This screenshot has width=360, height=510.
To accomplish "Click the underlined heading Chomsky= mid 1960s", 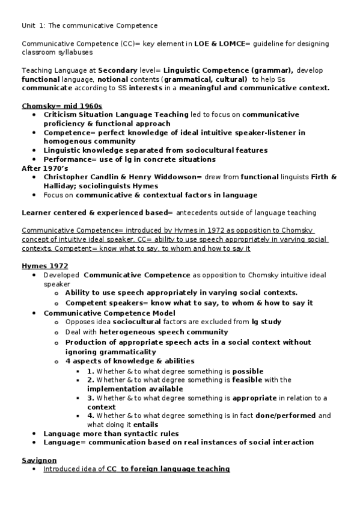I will pyautogui.click(x=62, y=106).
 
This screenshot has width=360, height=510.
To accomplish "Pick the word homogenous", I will pyautogui.click(x=68, y=141).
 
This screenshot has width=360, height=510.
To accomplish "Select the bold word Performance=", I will pyautogui.click(x=70, y=159).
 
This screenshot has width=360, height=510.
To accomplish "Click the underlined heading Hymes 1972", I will pyautogui.click(x=45, y=266).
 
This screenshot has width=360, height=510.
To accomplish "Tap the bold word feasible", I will pyautogui.click(x=248, y=379).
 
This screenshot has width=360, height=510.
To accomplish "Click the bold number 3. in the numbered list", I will pyautogui.click(x=91, y=398).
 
